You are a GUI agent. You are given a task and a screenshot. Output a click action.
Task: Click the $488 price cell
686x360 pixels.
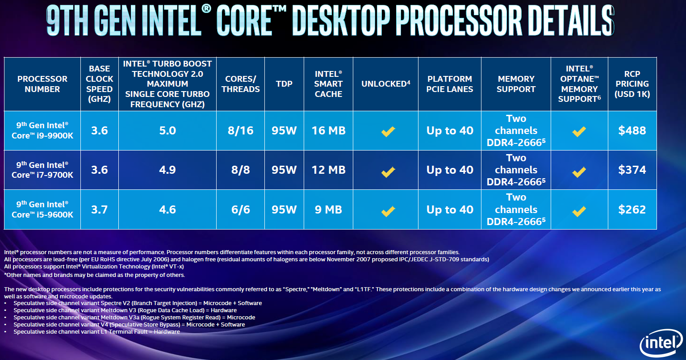[x=632, y=130]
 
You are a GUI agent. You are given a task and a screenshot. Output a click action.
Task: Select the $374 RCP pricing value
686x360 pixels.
[x=632, y=170]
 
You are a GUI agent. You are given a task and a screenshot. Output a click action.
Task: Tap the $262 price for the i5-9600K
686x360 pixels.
[x=632, y=209]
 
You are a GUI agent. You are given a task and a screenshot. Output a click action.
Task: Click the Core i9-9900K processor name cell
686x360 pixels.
[x=42, y=130]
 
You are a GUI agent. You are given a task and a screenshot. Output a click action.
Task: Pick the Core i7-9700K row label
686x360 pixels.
[x=42, y=170]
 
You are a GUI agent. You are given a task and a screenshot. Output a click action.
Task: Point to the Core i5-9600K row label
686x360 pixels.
[x=42, y=209]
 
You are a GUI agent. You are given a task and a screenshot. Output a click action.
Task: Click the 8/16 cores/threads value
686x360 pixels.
[x=240, y=130]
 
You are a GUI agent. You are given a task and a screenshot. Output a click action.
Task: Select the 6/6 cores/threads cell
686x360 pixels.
[x=240, y=209]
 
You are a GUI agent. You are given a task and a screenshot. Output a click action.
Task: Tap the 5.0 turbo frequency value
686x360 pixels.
[x=167, y=130]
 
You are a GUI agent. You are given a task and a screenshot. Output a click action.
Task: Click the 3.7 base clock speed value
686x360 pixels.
[x=99, y=209]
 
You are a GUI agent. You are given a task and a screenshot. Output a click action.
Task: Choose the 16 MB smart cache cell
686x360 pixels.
[x=328, y=130]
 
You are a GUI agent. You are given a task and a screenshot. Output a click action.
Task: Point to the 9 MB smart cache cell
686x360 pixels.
[x=328, y=209]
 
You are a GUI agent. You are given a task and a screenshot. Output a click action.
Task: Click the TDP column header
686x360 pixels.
[x=284, y=84]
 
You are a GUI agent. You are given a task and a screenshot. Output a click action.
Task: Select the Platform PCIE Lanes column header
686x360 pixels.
[x=450, y=84]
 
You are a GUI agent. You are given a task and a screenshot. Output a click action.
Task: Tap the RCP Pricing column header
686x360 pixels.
[x=632, y=84]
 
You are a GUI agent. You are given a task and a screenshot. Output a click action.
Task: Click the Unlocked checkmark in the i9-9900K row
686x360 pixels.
[x=388, y=131]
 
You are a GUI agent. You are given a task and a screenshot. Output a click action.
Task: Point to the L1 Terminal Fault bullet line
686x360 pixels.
[x=96, y=332]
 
